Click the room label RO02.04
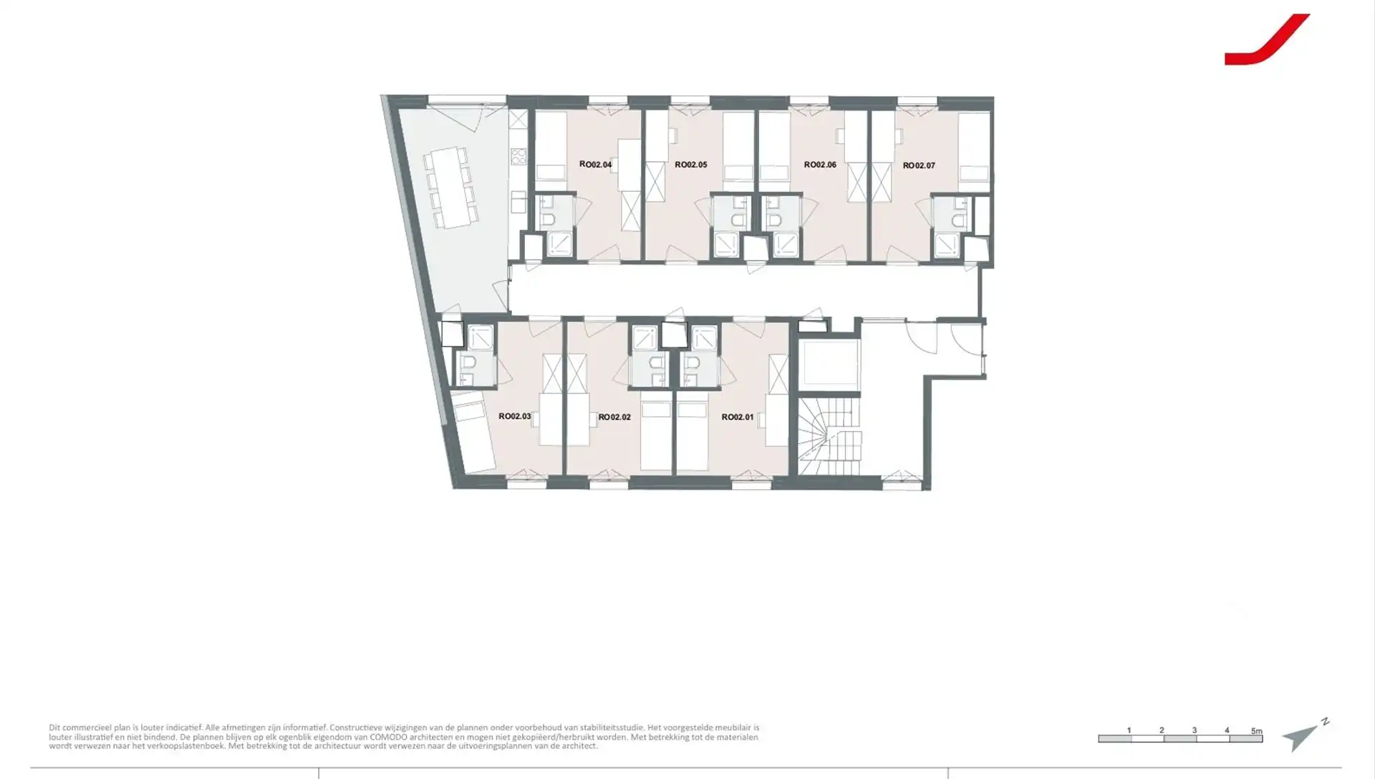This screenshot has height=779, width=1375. (x=595, y=165)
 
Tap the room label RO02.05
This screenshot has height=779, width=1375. (x=690, y=165)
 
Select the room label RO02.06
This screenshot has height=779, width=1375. (x=820, y=165)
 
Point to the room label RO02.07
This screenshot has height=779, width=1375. (x=919, y=165)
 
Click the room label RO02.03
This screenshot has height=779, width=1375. (x=514, y=416)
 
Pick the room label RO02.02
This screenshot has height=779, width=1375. (x=614, y=417)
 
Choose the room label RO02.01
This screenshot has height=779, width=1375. (x=738, y=417)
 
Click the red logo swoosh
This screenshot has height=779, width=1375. (x=1266, y=40)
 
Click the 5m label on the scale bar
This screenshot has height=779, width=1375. (x=1256, y=731)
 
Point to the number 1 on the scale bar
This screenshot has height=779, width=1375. (x=1129, y=730)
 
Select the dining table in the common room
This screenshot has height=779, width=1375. (x=450, y=188)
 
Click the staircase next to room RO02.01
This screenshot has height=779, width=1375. (x=829, y=436)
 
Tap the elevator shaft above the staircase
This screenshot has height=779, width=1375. (x=829, y=363)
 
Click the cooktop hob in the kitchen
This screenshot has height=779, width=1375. (x=518, y=156)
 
